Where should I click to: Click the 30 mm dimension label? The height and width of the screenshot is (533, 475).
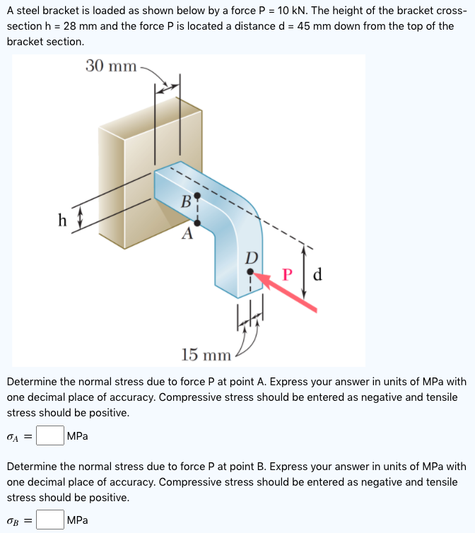click(112, 66)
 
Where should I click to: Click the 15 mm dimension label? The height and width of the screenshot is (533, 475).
click(206, 354)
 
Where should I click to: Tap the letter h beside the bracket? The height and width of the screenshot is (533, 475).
click(62, 220)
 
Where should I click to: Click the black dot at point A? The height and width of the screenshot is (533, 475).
click(197, 223)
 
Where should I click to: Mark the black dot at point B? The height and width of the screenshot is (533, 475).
click(197, 194)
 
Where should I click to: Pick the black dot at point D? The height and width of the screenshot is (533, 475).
click(250, 271)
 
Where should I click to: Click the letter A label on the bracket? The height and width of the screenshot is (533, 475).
click(187, 235)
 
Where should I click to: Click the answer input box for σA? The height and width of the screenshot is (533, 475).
click(49, 435)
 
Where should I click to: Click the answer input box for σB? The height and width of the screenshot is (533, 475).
click(49, 520)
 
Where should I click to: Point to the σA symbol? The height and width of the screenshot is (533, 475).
click(13, 436)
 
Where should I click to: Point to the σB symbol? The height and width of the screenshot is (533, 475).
click(13, 521)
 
